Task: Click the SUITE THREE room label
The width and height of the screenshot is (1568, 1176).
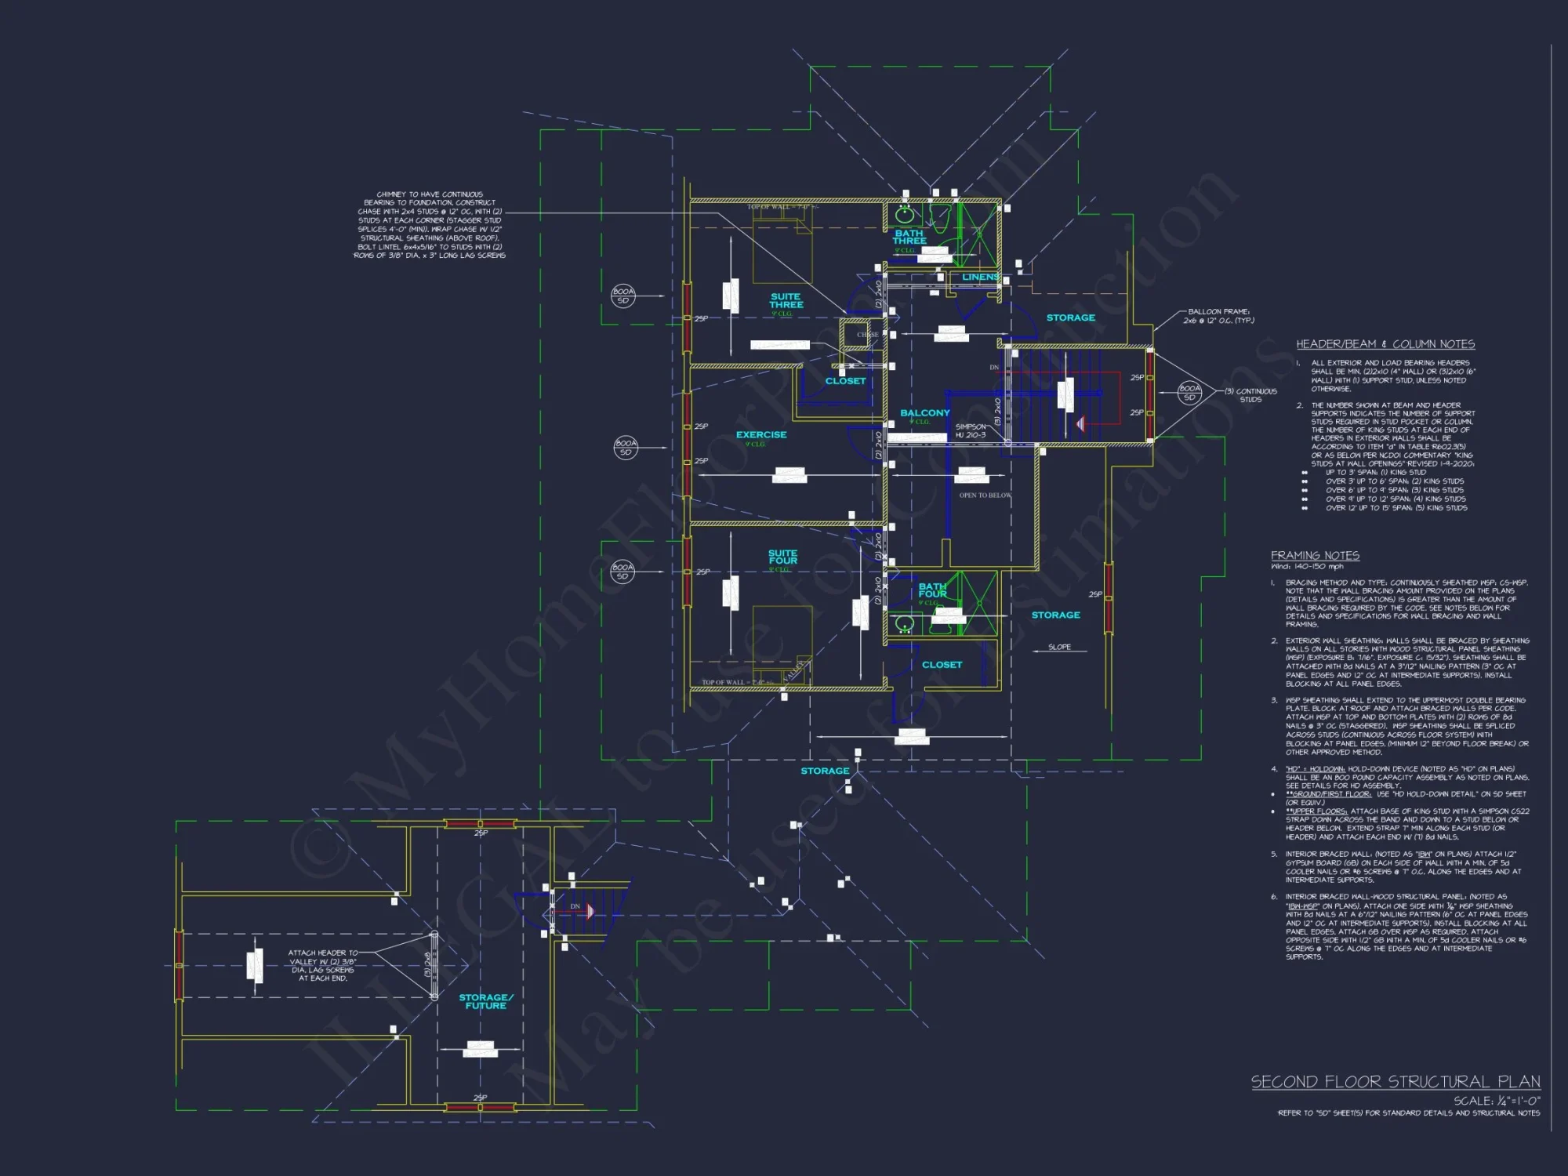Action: pyautogui.click(x=786, y=301)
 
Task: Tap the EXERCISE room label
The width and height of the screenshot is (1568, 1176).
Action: pyautogui.click(x=760, y=435)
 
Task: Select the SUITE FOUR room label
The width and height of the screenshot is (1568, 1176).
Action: pyautogui.click(x=782, y=557)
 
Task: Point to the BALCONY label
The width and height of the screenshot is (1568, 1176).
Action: pyautogui.click(x=924, y=413)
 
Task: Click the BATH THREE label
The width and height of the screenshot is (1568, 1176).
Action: pyautogui.click(x=909, y=237)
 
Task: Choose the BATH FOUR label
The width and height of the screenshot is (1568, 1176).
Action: pyautogui.click(x=932, y=590)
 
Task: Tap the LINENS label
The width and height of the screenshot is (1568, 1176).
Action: pyautogui.click(x=980, y=278)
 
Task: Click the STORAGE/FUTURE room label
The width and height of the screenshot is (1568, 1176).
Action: pyautogui.click(x=485, y=1001)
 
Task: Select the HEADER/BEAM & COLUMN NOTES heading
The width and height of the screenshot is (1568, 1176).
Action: pyautogui.click(x=1385, y=344)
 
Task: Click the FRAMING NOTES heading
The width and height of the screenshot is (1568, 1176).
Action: pyautogui.click(x=1315, y=555)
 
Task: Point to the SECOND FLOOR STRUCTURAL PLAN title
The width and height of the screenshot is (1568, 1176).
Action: pyautogui.click(x=1395, y=1082)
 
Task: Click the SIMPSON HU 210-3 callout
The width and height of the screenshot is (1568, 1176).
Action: pyautogui.click(x=971, y=430)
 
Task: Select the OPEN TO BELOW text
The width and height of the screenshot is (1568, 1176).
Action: pyautogui.click(x=985, y=495)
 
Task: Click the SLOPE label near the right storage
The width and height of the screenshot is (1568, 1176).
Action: pyautogui.click(x=1059, y=648)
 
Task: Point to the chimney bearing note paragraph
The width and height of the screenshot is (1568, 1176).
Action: pyautogui.click(x=430, y=225)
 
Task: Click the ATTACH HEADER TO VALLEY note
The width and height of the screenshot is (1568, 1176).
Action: pyautogui.click(x=322, y=965)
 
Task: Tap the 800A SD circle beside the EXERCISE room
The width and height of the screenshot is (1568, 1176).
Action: pyautogui.click(x=625, y=448)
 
